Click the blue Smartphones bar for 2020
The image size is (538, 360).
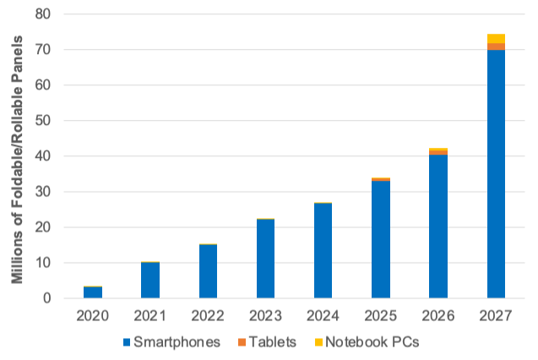pyautogui.click(x=93, y=292)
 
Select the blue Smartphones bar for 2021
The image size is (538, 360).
pyautogui.click(x=150, y=281)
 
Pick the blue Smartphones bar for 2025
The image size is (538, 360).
pyautogui.click(x=380, y=240)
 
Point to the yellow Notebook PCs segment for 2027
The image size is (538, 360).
pyautogui.click(x=496, y=38)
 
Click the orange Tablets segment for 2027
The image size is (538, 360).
pyautogui.click(x=496, y=46)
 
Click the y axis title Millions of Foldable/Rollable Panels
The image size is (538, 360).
pyautogui.click(x=15, y=156)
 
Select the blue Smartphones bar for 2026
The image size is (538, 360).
pyautogui.click(x=437, y=226)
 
